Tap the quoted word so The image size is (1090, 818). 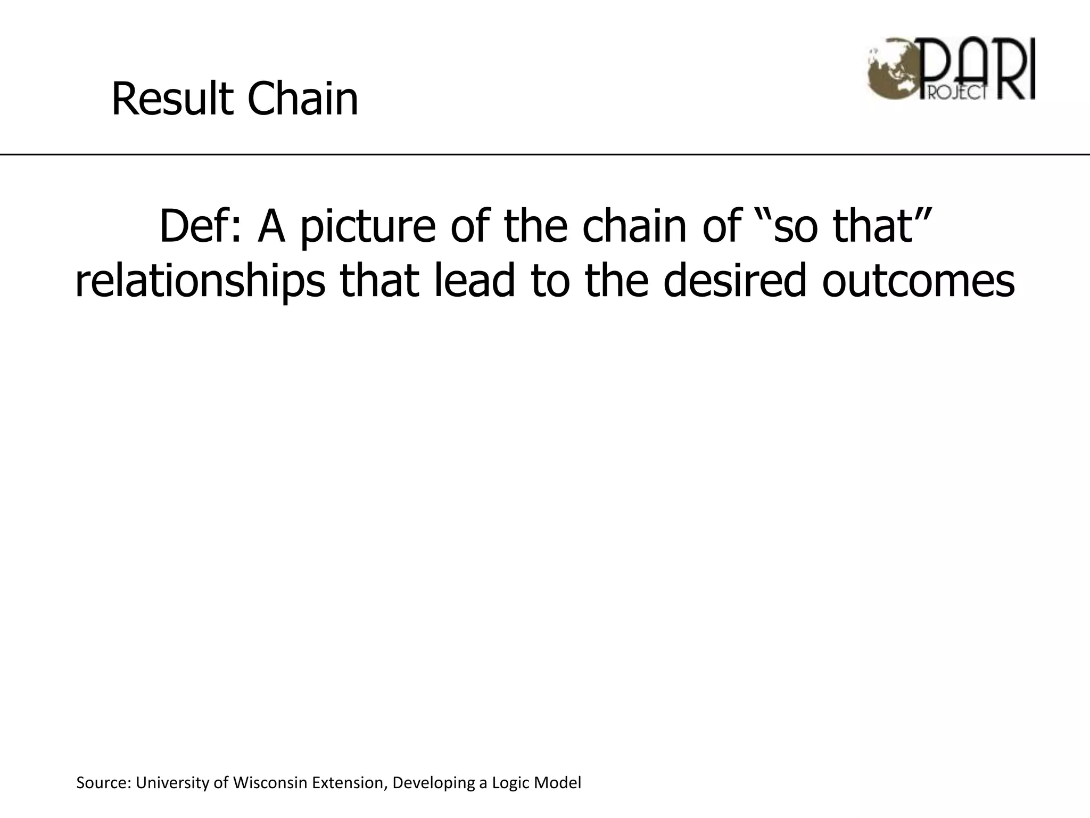point(796,227)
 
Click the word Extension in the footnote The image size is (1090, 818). point(347,783)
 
